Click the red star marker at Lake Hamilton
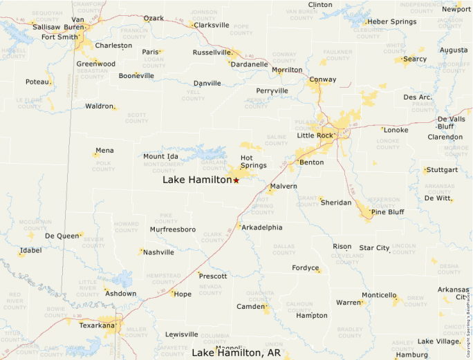(236, 180)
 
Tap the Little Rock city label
(315, 135)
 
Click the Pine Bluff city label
(387, 211)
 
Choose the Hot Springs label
(253, 162)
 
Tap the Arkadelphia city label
(263, 227)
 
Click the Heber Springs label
(392, 22)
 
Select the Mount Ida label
(160, 157)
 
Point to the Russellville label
(212, 53)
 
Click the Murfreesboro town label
(173, 229)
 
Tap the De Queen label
(62, 236)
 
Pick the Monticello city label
(379, 295)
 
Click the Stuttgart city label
(443, 169)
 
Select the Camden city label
(251, 306)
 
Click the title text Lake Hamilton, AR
(236, 353)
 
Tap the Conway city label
(323, 79)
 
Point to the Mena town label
(105, 150)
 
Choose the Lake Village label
(438, 341)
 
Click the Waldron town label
(99, 106)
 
